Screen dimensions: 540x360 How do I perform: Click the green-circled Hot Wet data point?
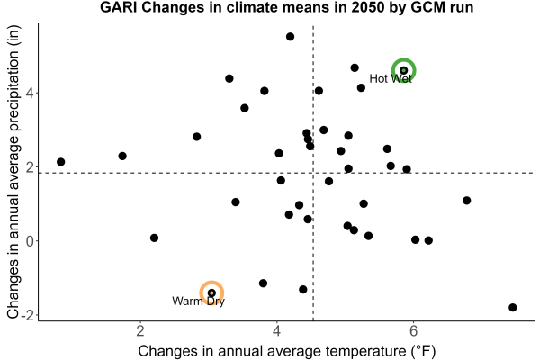tap(403, 70)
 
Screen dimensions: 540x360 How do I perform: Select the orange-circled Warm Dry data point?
tap(211, 292)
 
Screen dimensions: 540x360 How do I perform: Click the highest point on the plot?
tap(291, 37)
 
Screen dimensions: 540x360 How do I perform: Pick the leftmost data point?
tap(61, 162)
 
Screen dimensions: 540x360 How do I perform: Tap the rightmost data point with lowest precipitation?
tap(513, 307)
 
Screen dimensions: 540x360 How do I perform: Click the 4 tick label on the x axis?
tap(277, 331)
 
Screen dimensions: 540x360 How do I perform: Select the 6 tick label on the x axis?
tap(413, 331)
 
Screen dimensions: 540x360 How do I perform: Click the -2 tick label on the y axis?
tap(28, 315)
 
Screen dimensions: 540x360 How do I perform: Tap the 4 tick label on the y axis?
tap(31, 93)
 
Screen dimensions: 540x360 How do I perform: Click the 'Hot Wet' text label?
tap(391, 79)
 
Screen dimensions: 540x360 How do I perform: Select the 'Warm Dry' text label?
tap(198, 301)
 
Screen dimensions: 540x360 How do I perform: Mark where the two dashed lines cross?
tap(313, 173)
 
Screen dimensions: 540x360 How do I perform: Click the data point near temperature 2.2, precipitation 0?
tap(154, 238)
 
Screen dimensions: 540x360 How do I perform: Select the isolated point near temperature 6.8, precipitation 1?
tap(466, 201)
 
